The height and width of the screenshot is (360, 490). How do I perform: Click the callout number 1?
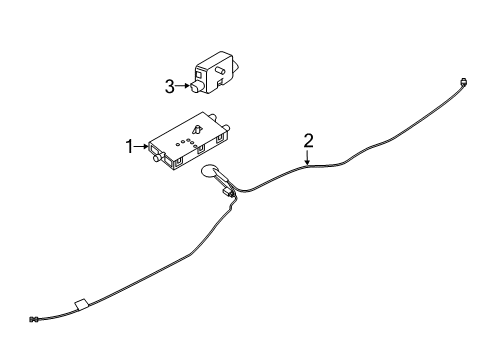[129, 147]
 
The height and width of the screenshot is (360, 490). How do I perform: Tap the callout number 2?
[309, 140]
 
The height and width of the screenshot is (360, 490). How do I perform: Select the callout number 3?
[170, 86]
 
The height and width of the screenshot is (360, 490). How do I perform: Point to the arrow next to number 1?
[142, 147]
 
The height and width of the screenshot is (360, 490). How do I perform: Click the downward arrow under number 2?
[309, 156]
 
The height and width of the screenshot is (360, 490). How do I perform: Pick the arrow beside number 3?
[184, 86]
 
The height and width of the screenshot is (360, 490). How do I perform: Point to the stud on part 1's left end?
[156, 155]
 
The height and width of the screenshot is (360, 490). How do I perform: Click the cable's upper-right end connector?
[466, 81]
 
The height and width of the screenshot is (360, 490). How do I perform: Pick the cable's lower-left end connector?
[35, 320]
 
